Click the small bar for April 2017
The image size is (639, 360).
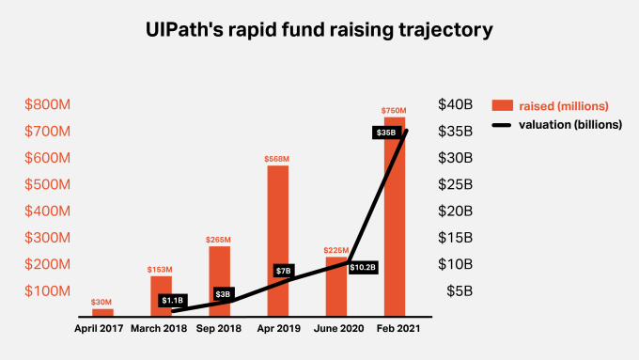point(102,311)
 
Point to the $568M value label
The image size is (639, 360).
point(277,158)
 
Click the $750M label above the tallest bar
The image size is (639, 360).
point(394,111)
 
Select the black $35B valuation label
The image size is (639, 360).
point(384,133)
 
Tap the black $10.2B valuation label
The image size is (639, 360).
point(364,267)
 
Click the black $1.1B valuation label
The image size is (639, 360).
point(171,301)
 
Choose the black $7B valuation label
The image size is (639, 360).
point(283,271)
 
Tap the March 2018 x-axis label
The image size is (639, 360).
point(161,329)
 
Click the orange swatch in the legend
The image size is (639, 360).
point(503,104)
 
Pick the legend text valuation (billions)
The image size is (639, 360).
point(572,124)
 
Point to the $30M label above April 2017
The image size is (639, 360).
point(102,302)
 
